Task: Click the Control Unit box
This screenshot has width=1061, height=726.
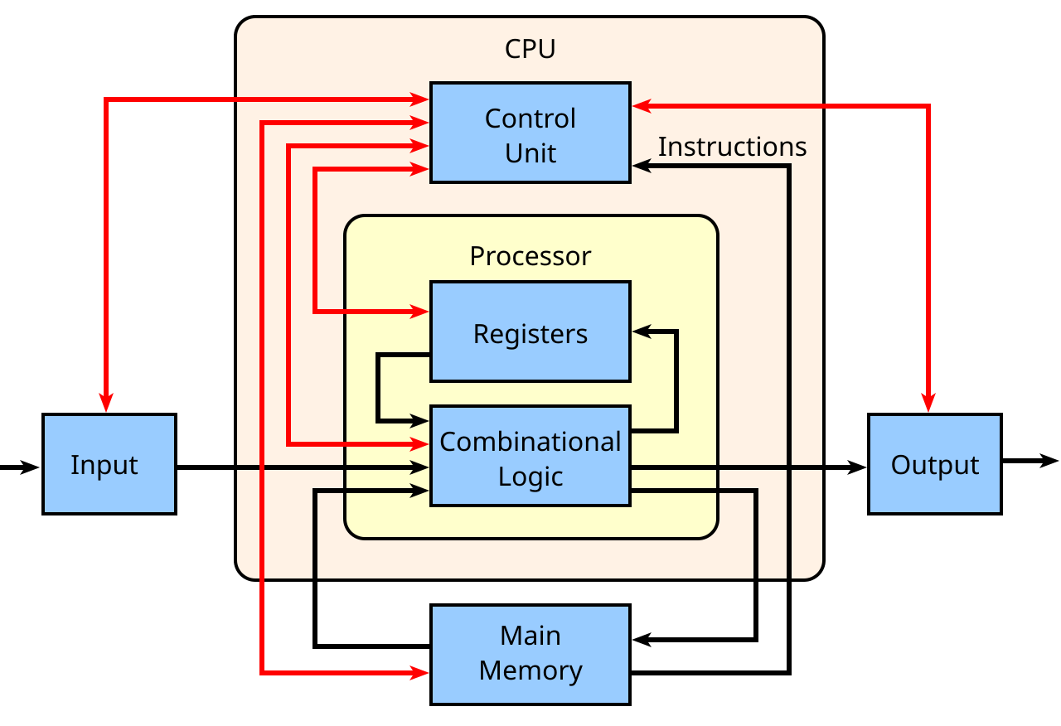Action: click(x=530, y=133)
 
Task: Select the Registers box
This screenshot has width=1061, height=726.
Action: click(x=530, y=332)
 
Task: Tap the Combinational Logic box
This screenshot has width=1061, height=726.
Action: click(x=530, y=456)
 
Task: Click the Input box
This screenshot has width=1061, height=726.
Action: click(x=109, y=464)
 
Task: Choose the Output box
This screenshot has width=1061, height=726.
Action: click(x=934, y=464)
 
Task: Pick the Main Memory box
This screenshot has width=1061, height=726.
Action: click(x=530, y=655)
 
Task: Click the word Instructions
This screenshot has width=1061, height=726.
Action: click(x=732, y=147)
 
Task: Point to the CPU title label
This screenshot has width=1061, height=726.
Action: click(x=530, y=50)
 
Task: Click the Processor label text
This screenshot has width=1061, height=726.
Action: click(x=530, y=256)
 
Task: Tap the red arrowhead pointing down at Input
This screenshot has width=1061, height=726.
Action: click(x=106, y=403)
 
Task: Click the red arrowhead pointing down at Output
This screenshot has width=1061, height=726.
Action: click(x=928, y=403)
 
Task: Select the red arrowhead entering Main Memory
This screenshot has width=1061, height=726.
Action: click(x=421, y=673)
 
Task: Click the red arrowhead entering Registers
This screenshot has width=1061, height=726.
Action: click(x=421, y=312)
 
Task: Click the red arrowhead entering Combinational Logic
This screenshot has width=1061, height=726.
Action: click(x=421, y=444)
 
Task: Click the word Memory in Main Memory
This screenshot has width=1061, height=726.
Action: click(x=530, y=670)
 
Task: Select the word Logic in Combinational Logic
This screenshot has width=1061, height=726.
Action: click(x=530, y=477)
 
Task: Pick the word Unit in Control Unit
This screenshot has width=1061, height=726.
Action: click(x=530, y=153)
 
